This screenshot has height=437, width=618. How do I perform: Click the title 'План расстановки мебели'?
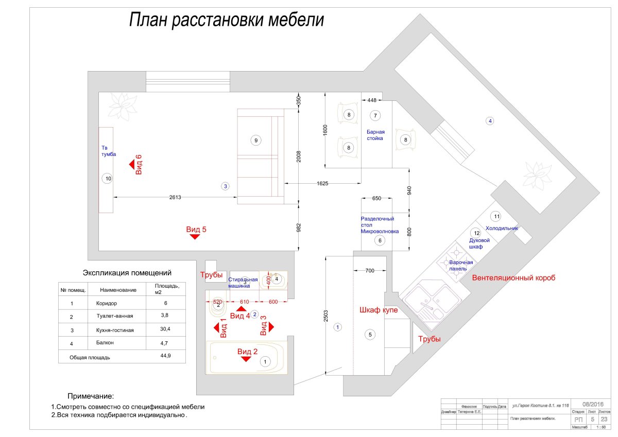[x=226, y=20]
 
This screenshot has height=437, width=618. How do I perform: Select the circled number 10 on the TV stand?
[x=108, y=179]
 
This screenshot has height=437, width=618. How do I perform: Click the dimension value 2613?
[x=176, y=197]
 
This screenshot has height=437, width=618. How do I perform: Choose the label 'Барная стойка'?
[x=375, y=135]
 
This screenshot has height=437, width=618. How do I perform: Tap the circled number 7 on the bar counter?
[x=375, y=115]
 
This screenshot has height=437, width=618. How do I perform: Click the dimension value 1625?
[x=322, y=183]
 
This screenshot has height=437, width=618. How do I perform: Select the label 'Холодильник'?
[x=502, y=228]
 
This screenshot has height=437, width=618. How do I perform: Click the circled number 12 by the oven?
[x=476, y=233]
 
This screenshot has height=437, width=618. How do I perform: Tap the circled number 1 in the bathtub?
[x=265, y=362]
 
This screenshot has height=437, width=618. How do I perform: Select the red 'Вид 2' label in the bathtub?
[x=247, y=352]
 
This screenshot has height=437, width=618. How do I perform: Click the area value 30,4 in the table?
[x=166, y=330]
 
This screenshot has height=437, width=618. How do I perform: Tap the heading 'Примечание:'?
[x=91, y=396]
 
